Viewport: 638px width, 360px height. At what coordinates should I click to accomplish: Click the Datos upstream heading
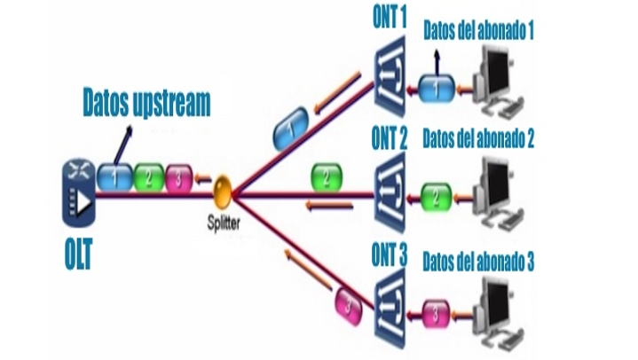(x=146, y=103)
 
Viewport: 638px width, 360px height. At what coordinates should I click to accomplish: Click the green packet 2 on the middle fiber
(x=326, y=177)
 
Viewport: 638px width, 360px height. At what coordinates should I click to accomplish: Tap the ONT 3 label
(x=387, y=257)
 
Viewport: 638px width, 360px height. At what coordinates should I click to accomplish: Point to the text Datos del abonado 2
(x=477, y=140)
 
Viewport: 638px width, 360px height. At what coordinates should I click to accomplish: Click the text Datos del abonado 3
(x=478, y=262)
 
